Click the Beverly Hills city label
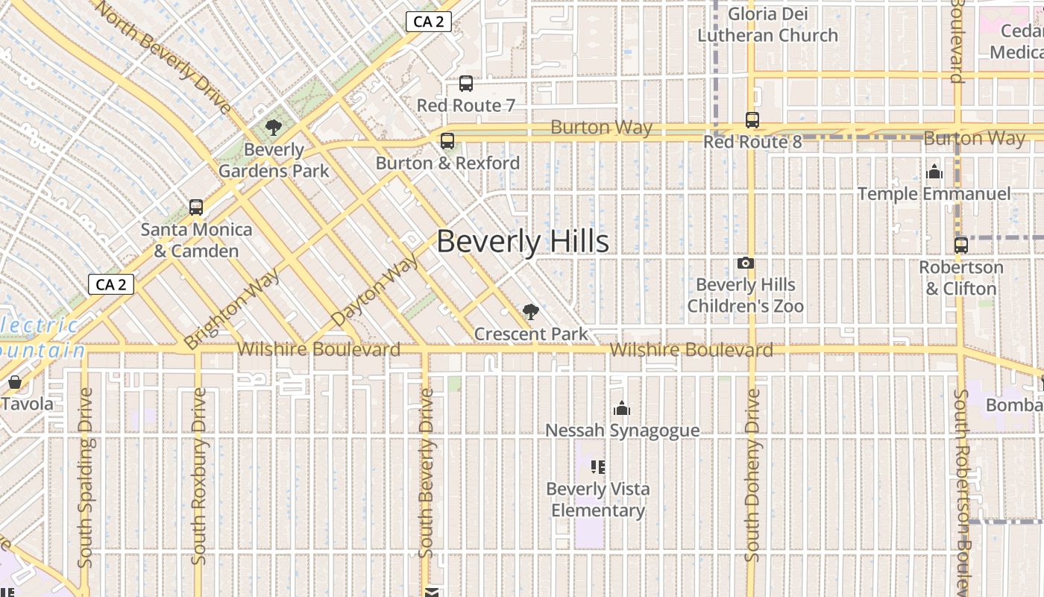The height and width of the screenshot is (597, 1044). (x=522, y=242)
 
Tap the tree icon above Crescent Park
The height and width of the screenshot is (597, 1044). (x=530, y=312)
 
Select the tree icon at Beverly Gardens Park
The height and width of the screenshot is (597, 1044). (x=273, y=128)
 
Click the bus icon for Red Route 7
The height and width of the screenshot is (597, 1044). (x=466, y=84)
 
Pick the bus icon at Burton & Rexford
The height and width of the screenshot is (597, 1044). (x=447, y=141)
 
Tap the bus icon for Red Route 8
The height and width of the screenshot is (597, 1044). (x=752, y=120)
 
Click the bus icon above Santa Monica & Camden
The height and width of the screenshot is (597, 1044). (x=196, y=207)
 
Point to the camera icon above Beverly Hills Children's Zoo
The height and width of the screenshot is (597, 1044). (x=745, y=263)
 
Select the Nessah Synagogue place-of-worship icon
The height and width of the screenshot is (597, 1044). (x=622, y=408)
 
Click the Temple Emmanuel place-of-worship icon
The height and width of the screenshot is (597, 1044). (x=934, y=172)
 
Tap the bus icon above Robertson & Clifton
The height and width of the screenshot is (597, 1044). (x=961, y=245)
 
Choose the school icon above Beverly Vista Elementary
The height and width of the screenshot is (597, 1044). (x=597, y=467)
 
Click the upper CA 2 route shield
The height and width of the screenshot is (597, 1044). (x=428, y=22)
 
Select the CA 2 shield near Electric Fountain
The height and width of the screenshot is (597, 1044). (x=110, y=284)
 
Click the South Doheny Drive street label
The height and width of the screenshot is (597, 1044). (x=752, y=475)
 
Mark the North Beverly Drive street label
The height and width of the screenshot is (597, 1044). (x=163, y=56)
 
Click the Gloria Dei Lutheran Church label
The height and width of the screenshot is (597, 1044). (x=767, y=25)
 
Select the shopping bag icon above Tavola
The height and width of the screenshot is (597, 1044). (x=14, y=383)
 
